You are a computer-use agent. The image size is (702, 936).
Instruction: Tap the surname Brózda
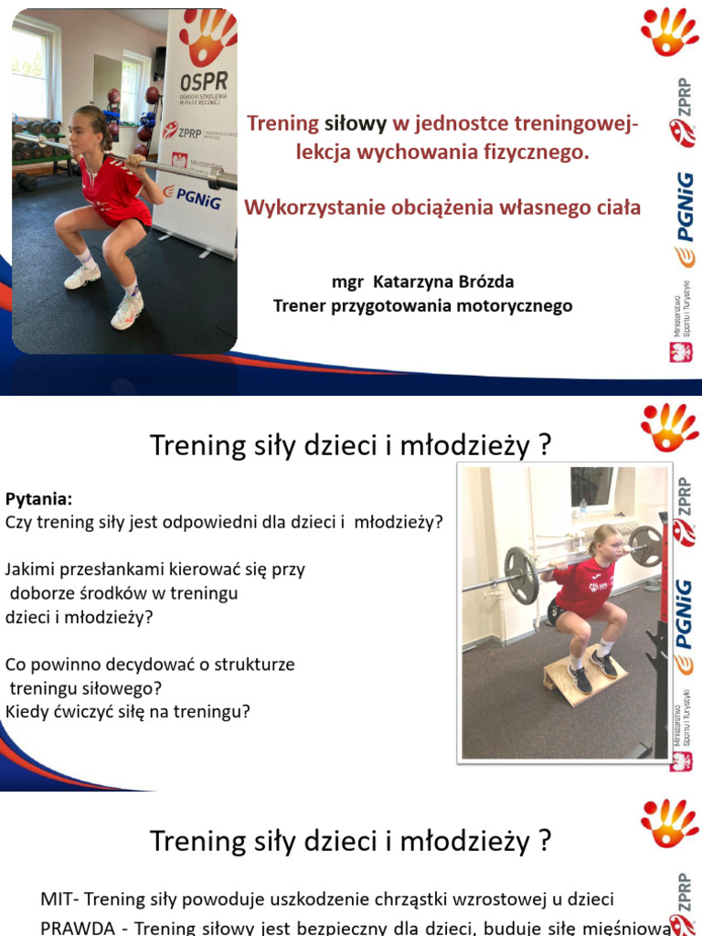490,282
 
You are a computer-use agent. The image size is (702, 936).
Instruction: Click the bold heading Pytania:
38,499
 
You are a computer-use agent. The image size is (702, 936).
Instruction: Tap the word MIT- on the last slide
60,899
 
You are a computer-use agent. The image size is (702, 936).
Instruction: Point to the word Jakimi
31,569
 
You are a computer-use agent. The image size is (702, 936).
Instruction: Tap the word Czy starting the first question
18,523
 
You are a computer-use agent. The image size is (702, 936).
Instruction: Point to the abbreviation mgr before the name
347,282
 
